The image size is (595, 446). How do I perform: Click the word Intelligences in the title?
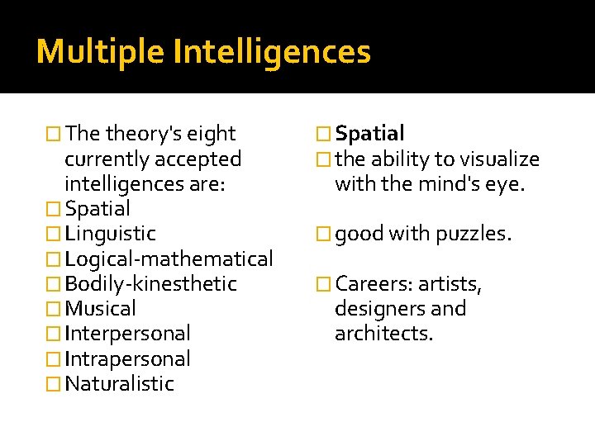tap(273, 52)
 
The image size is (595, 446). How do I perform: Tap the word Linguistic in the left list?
tap(110, 234)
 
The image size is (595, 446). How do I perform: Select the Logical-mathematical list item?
tap(169, 259)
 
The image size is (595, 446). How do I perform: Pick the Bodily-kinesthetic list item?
tap(150, 284)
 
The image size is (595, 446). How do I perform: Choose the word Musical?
tap(100, 309)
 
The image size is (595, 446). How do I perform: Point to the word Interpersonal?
tap(127, 334)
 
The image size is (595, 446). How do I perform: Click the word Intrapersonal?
tap(127, 359)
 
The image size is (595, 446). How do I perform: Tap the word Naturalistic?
tap(119, 384)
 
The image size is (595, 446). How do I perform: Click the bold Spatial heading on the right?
tap(369, 134)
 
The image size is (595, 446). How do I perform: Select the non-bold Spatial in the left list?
tap(98, 209)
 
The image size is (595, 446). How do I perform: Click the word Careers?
tap(373, 284)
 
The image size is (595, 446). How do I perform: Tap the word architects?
tap(383, 334)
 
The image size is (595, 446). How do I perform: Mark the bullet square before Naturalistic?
tap(55, 384)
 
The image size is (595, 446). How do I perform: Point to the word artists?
tap(450, 284)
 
